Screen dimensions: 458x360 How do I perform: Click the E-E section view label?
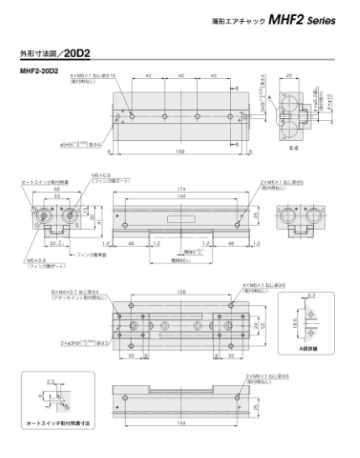coord(290,148)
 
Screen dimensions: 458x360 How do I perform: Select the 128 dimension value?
coord(181,291)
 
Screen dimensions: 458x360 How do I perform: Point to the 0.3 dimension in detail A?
coord(312,296)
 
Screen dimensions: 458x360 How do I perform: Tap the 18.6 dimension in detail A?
coord(293,321)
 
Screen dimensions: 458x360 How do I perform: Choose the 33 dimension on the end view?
coord(56,197)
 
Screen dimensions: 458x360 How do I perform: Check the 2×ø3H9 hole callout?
coord(69,342)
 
